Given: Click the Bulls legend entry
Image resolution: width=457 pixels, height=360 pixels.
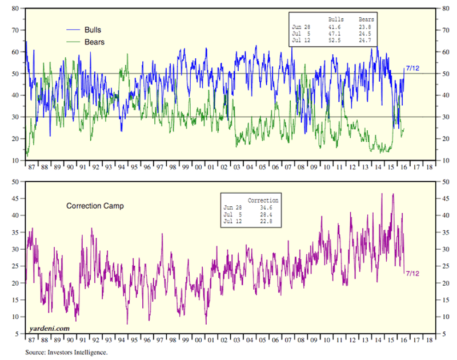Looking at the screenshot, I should [92, 30].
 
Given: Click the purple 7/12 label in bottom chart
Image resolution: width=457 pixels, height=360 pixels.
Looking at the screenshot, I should [412, 274].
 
